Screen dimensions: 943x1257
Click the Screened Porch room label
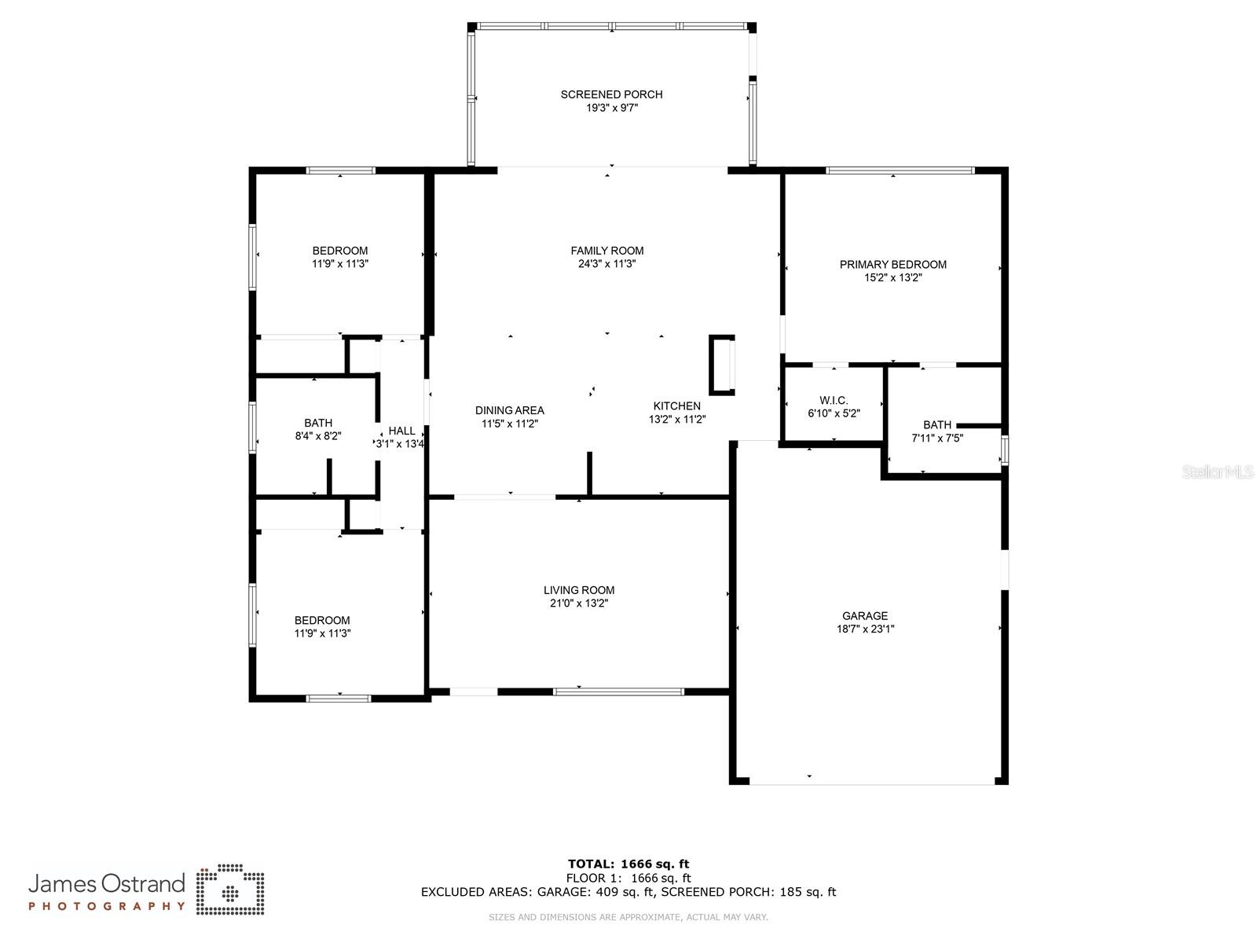point(611,94)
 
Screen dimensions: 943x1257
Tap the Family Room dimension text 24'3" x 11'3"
point(607,264)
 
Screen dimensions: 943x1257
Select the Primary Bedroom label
point(892,264)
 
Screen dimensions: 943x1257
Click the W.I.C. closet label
point(833,400)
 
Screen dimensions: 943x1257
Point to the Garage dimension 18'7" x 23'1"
point(865,629)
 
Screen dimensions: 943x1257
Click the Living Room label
point(579,590)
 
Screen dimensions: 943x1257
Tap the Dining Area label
point(509,410)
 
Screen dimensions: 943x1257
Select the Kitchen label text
point(676,406)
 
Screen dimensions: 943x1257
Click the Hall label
point(401,431)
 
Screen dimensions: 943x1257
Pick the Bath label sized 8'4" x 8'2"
point(318,423)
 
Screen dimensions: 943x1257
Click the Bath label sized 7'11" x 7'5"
point(936,425)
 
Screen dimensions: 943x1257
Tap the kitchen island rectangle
point(721,365)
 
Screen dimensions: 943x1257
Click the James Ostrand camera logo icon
point(230,890)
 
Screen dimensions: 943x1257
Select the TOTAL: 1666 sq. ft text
point(628,864)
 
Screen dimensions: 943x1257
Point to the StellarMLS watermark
point(1218,472)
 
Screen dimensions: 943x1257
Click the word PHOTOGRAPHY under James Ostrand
point(107,906)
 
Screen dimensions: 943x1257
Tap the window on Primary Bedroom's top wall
point(900,170)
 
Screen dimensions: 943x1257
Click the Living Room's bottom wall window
point(618,692)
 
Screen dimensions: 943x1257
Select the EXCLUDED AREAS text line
point(628,892)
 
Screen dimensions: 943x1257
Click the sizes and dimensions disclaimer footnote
point(628,917)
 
